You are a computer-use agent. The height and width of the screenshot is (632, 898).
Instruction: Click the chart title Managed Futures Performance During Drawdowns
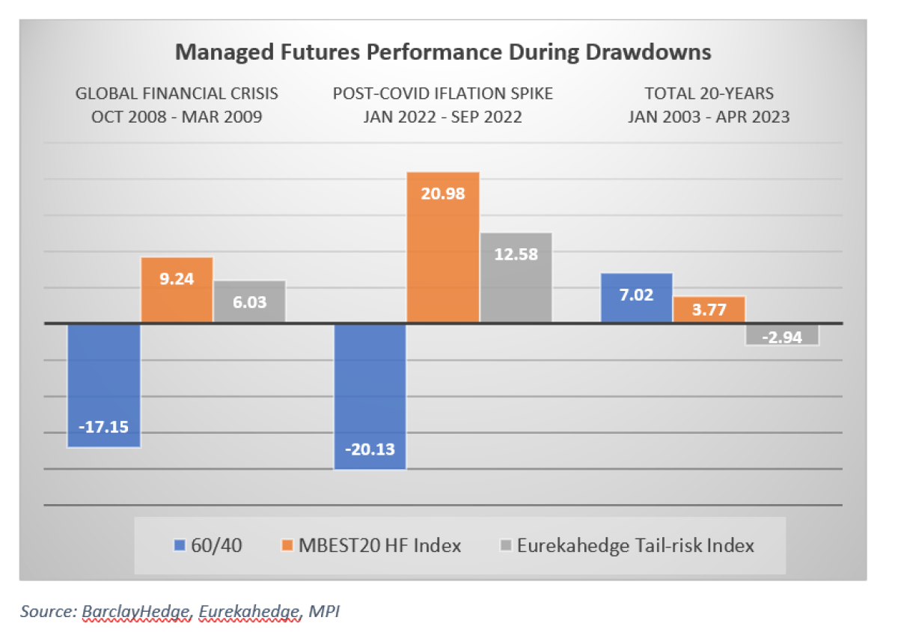click(443, 53)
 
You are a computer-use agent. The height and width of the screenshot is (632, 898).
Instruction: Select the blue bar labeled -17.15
click(104, 385)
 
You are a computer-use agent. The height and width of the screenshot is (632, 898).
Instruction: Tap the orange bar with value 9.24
click(177, 290)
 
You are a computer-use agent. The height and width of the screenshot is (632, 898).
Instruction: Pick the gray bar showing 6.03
click(249, 301)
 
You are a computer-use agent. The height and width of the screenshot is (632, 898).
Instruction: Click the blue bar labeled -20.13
click(370, 396)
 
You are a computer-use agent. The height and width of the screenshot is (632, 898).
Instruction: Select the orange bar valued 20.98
click(442, 248)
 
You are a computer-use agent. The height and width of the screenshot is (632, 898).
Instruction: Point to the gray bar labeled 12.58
click(515, 277)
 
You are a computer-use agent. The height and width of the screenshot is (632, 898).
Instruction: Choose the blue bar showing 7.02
click(636, 298)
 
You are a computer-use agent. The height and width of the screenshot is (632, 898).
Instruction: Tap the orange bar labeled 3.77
click(709, 310)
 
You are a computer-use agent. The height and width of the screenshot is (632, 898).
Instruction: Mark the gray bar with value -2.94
click(781, 335)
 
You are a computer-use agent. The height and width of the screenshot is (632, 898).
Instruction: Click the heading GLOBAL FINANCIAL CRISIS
click(177, 94)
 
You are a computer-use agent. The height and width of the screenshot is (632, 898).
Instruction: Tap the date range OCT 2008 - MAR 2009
click(177, 117)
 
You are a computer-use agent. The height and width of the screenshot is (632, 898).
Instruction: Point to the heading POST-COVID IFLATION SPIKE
click(443, 94)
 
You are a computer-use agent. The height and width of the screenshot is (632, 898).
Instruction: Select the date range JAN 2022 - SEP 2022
click(443, 117)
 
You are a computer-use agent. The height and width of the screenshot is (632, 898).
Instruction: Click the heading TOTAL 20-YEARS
click(709, 94)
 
